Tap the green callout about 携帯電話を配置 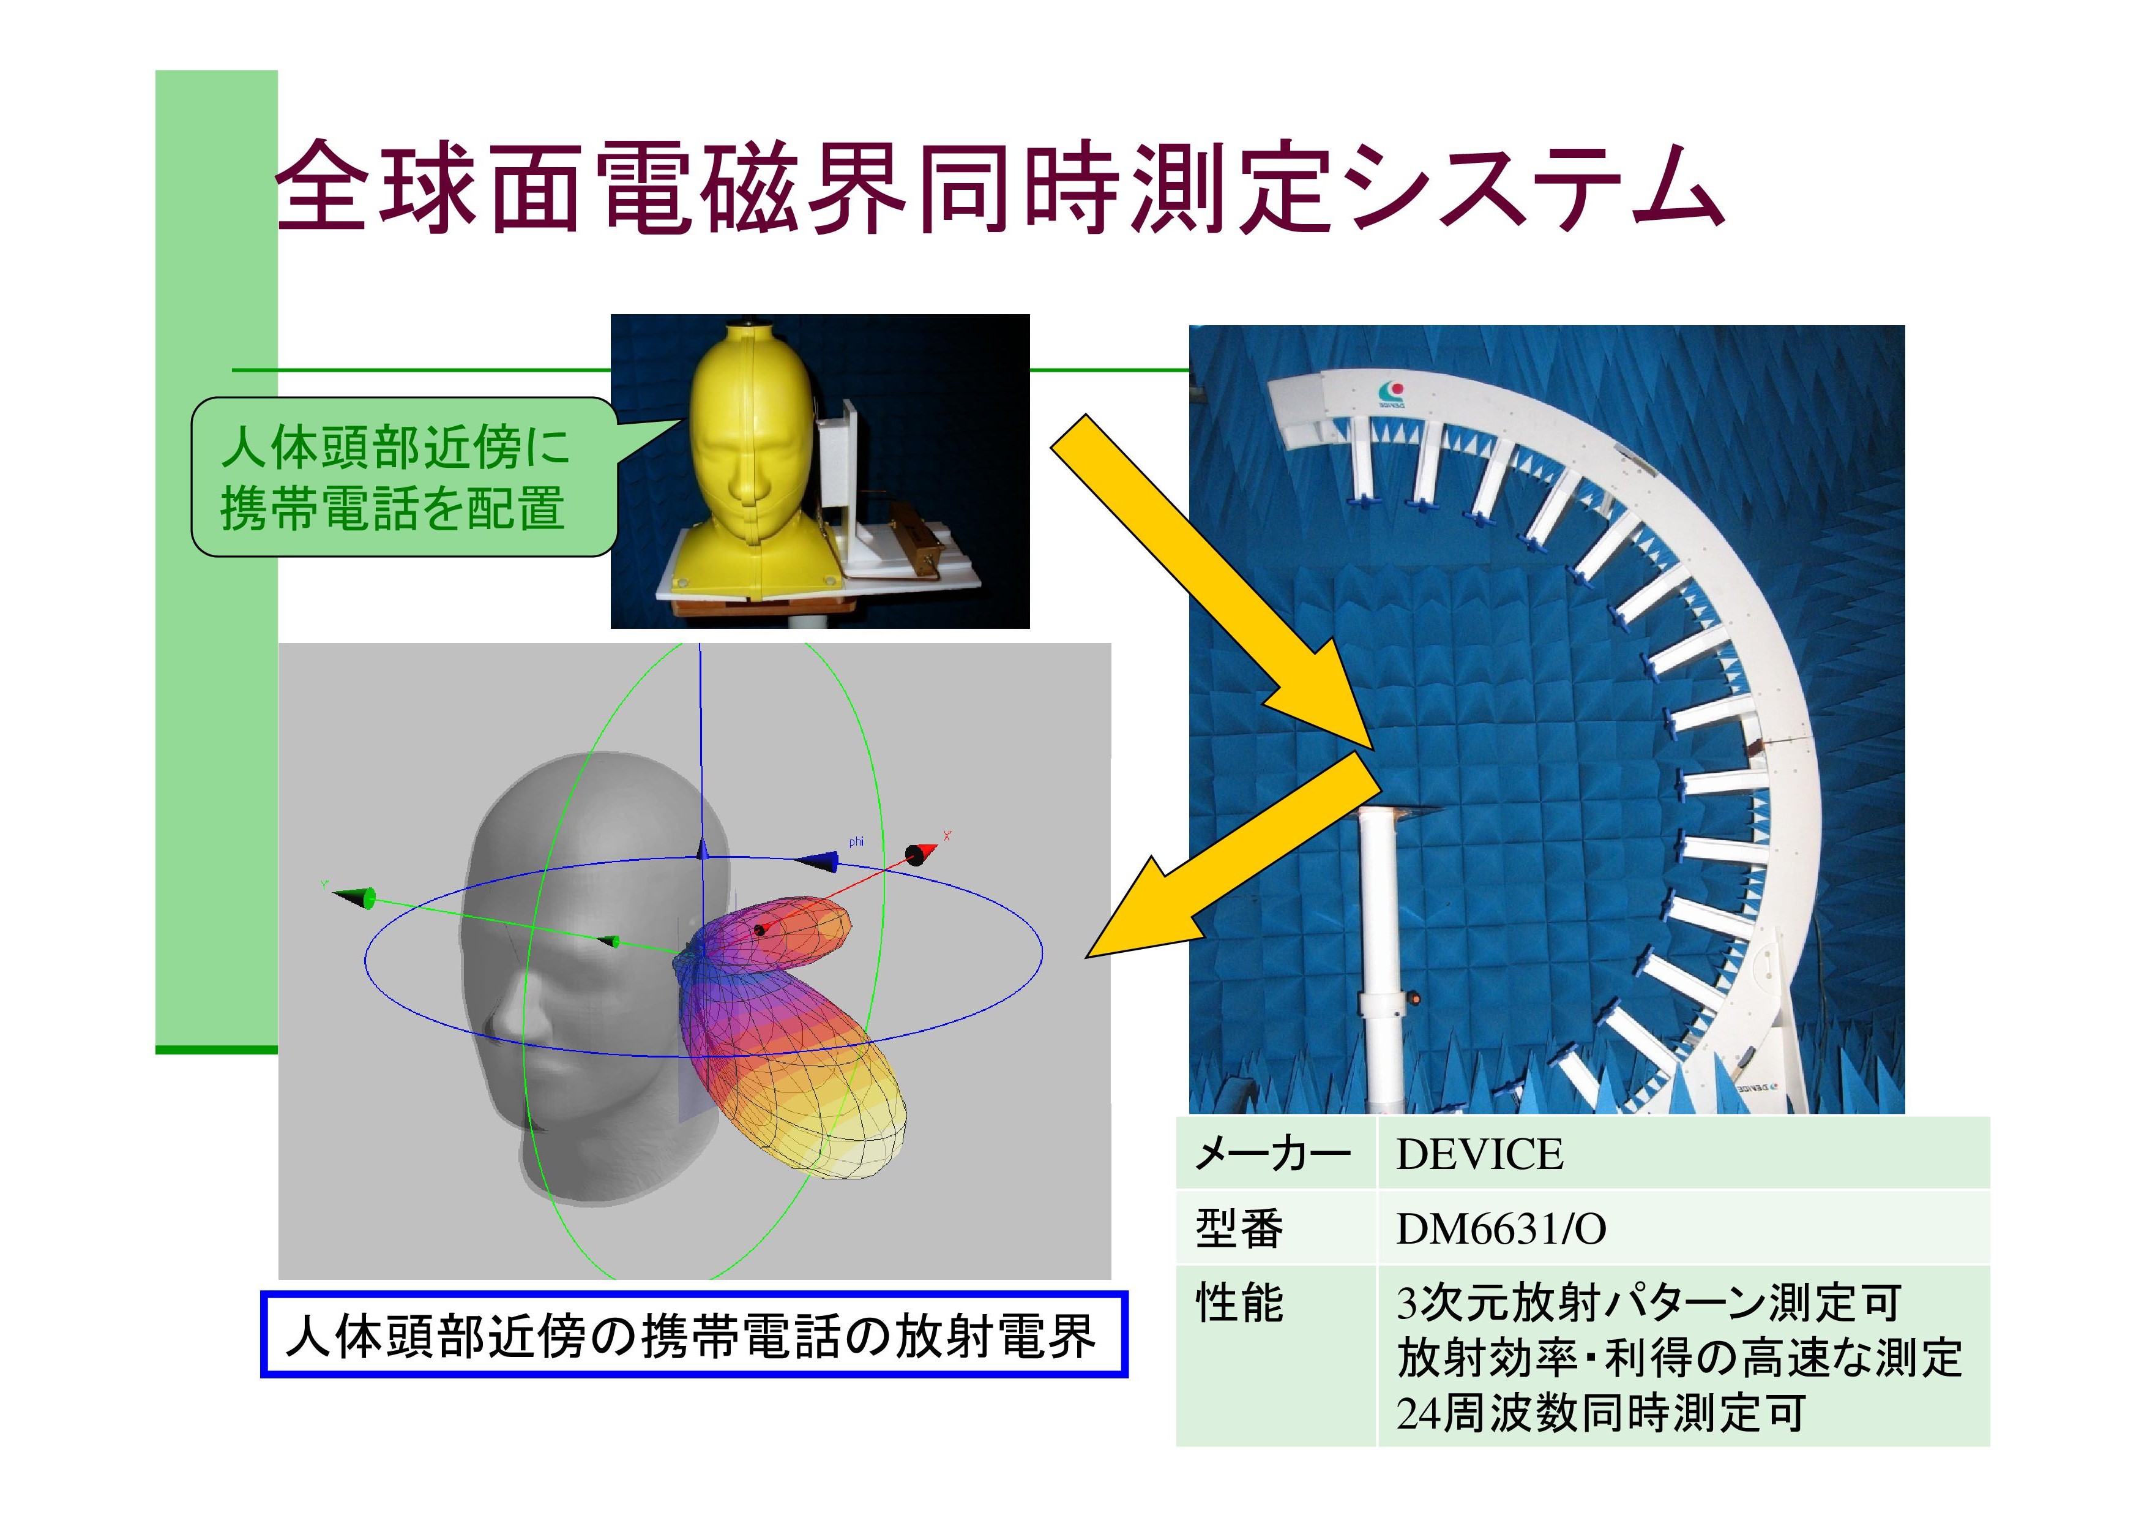[404, 477]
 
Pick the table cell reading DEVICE [1479, 1154]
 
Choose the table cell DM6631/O [1500, 1229]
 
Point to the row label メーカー [1272, 1154]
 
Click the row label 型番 [1239, 1229]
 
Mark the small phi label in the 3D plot [856, 842]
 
